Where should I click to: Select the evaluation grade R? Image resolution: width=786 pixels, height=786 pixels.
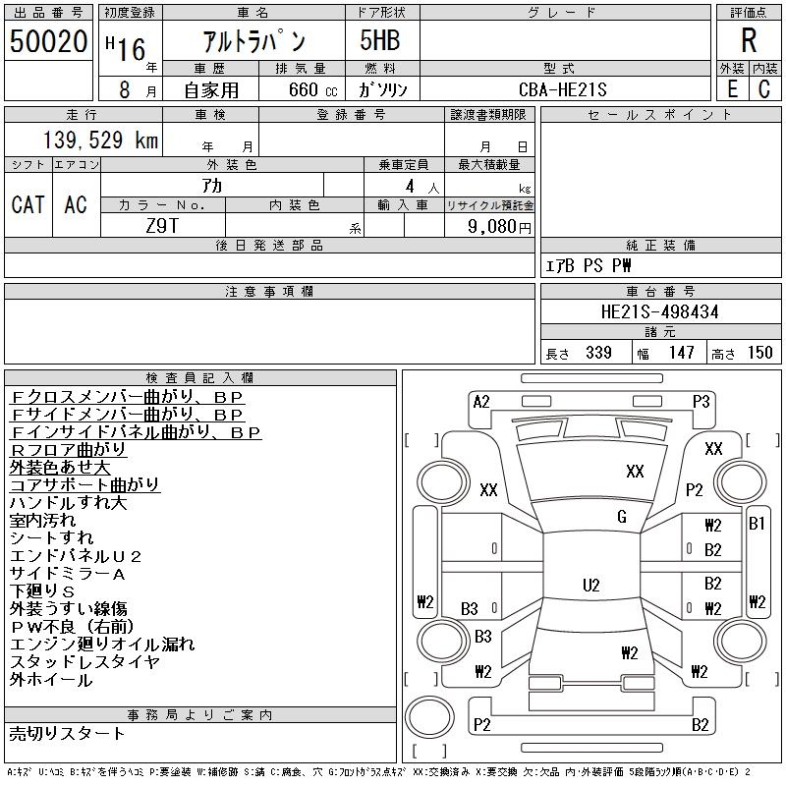(749, 40)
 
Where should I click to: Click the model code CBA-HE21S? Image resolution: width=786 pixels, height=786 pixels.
(563, 89)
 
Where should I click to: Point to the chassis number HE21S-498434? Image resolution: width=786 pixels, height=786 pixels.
(659, 311)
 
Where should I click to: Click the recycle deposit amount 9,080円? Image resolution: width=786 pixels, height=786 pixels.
(501, 226)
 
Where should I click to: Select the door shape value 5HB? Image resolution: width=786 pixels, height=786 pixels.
(372, 40)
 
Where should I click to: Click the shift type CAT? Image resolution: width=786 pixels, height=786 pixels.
(28, 204)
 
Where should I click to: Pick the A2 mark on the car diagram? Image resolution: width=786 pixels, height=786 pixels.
(481, 401)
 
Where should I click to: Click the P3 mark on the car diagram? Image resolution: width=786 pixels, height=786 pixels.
(701, 401)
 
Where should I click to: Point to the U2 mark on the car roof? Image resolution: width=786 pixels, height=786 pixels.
(590, 586)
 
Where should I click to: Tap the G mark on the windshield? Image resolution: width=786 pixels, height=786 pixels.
(621, 517)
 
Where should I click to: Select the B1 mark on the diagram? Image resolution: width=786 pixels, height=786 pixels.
(757, 524)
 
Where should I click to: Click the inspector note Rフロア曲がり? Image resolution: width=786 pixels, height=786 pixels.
(68, 449)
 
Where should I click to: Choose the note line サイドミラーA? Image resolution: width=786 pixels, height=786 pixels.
(68, 573)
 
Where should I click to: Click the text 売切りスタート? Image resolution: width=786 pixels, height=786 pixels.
(68, 733)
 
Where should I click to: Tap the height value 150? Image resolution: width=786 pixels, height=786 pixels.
(759, 353)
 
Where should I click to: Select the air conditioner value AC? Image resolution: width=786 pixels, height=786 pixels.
(76, 204)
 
